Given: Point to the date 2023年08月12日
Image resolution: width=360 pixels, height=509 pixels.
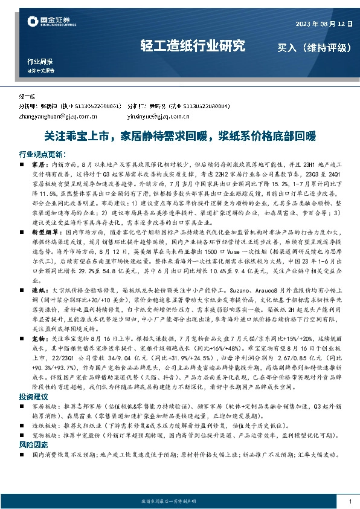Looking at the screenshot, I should pyautogui.click(x=322, y=24).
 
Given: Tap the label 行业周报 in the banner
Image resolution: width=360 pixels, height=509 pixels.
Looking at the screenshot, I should pyautogui.click(x=40, y=62).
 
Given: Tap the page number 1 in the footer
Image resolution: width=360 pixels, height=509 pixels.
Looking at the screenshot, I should pyautogui.click(x=350, y=501).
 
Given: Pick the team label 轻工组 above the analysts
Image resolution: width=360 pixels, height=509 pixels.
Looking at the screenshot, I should pyautogui.click(x=28, y=97).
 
